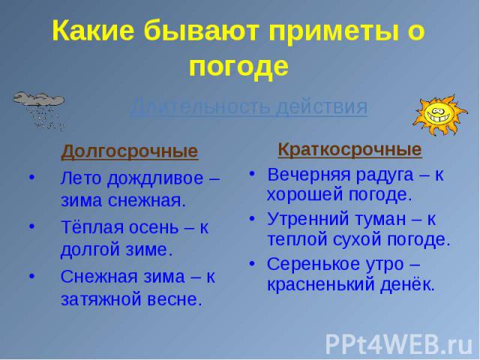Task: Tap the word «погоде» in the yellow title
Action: point(238,67)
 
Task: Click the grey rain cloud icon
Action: point(39,111)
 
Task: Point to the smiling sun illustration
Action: point(440,115)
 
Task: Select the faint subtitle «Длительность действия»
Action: point(250,106)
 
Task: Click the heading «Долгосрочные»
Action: point(130,151)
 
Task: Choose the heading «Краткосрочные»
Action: point(349,150)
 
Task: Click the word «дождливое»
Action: point(155,178)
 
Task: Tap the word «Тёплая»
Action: point(92,227)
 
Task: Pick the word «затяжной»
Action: point(101,299)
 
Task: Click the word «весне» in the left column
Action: point(175,299)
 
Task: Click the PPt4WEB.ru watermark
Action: point(399,344)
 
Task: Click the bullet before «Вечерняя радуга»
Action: point(252,174)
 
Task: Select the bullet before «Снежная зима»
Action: point(32,276)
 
